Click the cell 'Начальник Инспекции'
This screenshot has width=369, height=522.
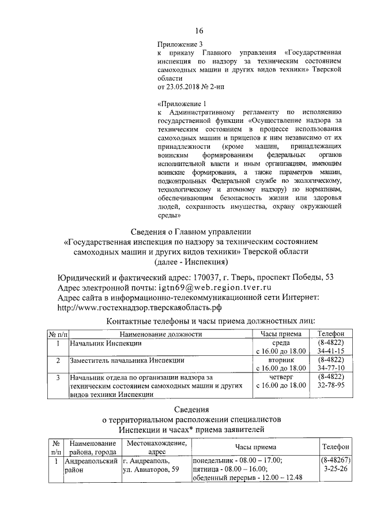pyautogui.click(x=106, y=343)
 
